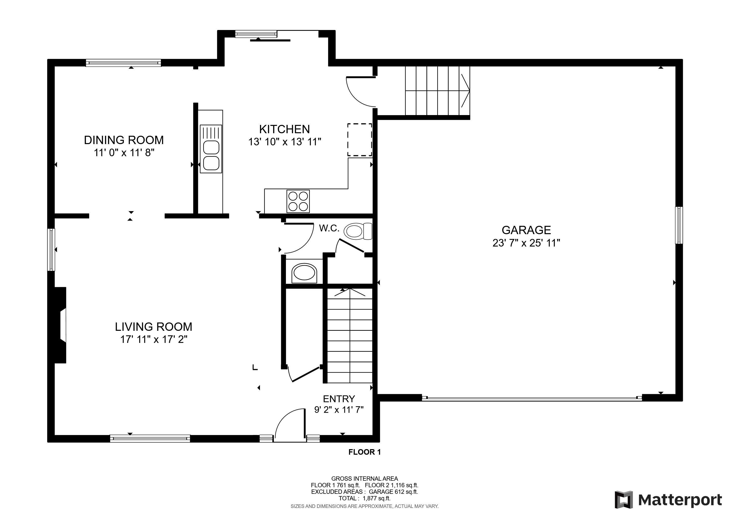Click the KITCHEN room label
click(x=284, y=129)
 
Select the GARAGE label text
click(x=526, y=230)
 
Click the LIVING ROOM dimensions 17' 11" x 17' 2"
click(x=154, y=339)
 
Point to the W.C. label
click(x=329, y=228)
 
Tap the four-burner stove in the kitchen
click(x=298, y=201)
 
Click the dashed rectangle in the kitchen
click(x=360, y=140)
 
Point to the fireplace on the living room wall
click(x=61, y=325)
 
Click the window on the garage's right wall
click(x=679, y=225)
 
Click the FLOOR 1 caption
click(x=364, y=452)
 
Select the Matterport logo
click(x=668, y=500)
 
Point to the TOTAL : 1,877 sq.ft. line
click(x=364, y=499)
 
